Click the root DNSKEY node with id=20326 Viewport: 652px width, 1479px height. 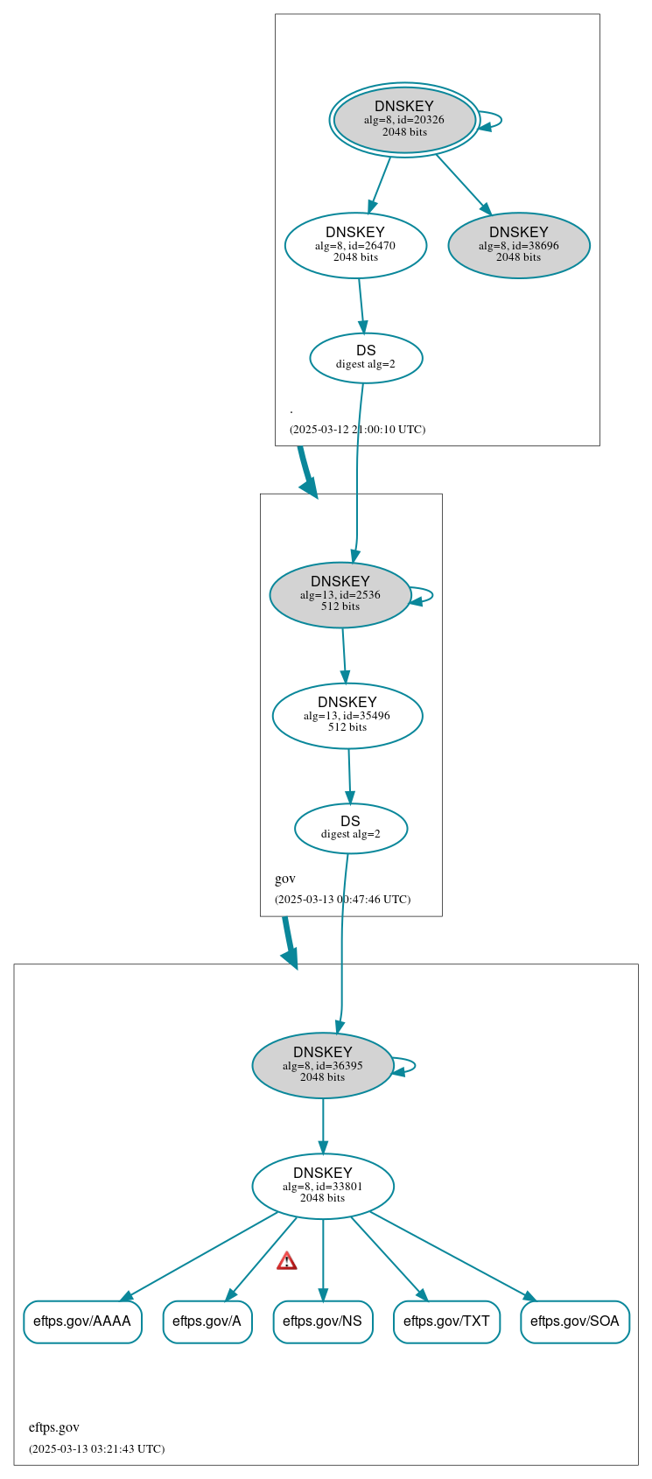(404, 120)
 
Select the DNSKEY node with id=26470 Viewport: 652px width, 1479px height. (355, 246)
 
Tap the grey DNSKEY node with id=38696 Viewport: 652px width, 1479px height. (518, 246)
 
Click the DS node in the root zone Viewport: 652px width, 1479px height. (366, 358)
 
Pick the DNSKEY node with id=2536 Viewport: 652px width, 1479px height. (340, 595)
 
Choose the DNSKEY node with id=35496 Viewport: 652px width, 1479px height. (347, 716)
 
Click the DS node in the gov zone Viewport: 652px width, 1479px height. (350, 829)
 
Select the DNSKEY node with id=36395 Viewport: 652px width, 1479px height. (323, 1066)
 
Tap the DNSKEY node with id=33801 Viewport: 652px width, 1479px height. (323, 1187)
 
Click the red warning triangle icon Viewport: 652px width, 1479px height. (287, 1261)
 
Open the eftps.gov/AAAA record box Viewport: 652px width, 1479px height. (82, 1321)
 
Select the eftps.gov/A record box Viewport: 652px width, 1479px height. (207, 1321)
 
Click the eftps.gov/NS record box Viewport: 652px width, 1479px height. (323, 1321)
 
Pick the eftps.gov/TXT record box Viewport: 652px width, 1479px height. (446, 1321)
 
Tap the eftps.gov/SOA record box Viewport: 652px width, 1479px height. (574, 1321)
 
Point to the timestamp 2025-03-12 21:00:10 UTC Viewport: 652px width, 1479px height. (357, 430)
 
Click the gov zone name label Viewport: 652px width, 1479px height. (285, 879)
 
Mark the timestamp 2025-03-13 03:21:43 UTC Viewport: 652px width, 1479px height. (96, 1449)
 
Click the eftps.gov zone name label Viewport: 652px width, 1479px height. (54, 1427)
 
